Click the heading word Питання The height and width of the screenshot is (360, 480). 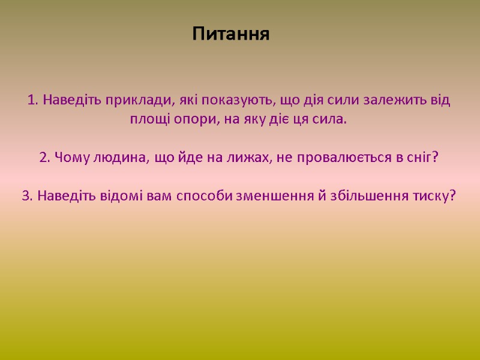(x=232, y=34)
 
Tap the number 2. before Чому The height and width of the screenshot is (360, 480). (x=45, y=157)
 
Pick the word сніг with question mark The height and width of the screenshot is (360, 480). (x=424, y=157)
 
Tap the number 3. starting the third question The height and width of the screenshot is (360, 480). (x=28, y=196)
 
